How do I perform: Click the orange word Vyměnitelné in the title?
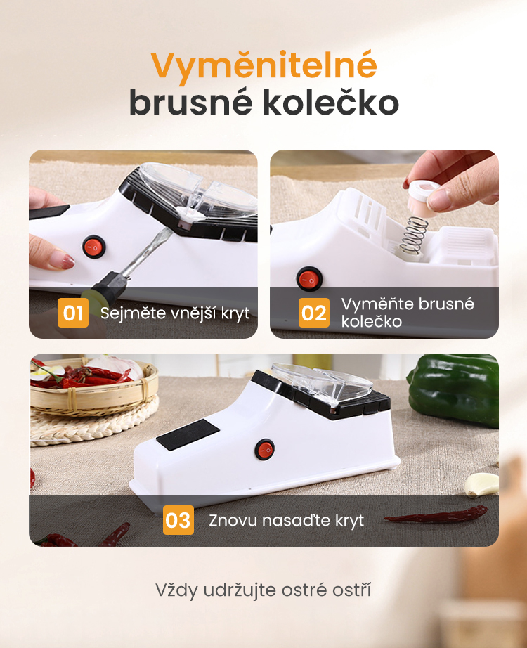click(263, 65)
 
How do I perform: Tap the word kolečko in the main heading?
click(331, 103)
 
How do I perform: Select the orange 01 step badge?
click(73, 313)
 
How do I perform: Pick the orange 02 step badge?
click(313, 313)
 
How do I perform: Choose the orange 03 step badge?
click(178, 520)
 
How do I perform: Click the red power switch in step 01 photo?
click(94, 247)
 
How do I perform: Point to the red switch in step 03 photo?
click(264, 450)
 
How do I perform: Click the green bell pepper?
click(454, 389)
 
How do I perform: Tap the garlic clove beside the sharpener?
click(481, 484)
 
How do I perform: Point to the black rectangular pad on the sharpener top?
click(188, 434)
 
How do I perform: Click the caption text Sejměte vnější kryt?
click(175, 313)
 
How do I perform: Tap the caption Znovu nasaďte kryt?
click(286, 520)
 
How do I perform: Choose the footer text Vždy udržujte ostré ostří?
click(263, 590)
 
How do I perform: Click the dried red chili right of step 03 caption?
click(435, 514)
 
